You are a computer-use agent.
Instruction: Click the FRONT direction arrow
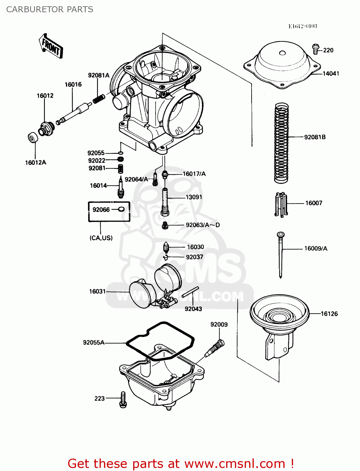pyautogui.click(x=51, y=46)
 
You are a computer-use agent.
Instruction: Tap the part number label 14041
pyautogui.click(x=331, y=73)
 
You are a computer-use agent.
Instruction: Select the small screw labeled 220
pyautogui.click(x=315, y=49)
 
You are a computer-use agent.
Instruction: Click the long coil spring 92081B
pyautogui.click(x=281, y=143)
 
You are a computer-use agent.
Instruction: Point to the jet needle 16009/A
pyautogui.click(x=281, y=254)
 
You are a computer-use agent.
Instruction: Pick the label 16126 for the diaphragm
pyautogui.click(x=329, y=314)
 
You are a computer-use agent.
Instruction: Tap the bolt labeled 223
pyautogui.click(x=123, y=399)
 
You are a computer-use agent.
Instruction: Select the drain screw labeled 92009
pyautogui.click(x=215, y=349)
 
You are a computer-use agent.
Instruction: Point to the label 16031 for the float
pyautogui.click(x=97, y=291)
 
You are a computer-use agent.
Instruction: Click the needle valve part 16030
pyautogui.click(x=166, y=248)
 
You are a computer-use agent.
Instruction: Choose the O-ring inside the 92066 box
pyautogui.click(x=122, y=209)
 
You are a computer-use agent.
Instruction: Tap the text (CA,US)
pyautogui.click(x=101, y=238)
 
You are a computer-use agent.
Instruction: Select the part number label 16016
pyautogui.click(x=73, y=84)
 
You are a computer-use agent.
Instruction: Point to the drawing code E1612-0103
pyautogui.click(x=303, y=26)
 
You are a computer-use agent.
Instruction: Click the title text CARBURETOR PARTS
pyautogui.click(x=50, y=9)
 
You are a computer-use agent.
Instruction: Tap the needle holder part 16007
pyautogui.click(x=281, y=204)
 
